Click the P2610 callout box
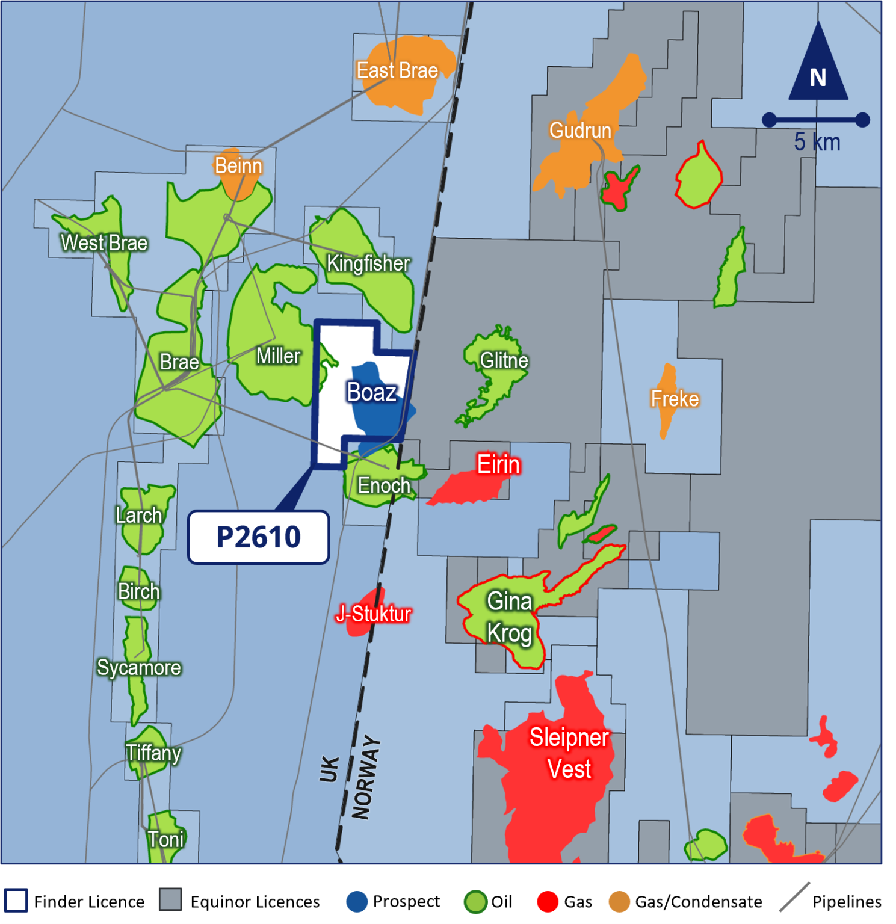(x=259, y=537)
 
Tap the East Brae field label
(x=397, y=70)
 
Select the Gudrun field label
(x=580, y=131)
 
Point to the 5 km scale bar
(x=815, y=120)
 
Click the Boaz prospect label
(x=372, y=392)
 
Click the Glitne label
(x=504, y=360)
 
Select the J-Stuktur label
(x=374, y=614)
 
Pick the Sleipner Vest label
(x=569, y=753)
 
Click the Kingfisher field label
(x=368, y=263)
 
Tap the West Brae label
(x=104, y=243)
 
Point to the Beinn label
(x=238, y=166)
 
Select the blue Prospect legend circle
(x=357, y=902)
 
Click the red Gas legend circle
(x=548, y=902)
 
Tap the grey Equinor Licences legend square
(x=170, y=900)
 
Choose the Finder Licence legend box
(x=16, y=901)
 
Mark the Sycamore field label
(x=139, y=668)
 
